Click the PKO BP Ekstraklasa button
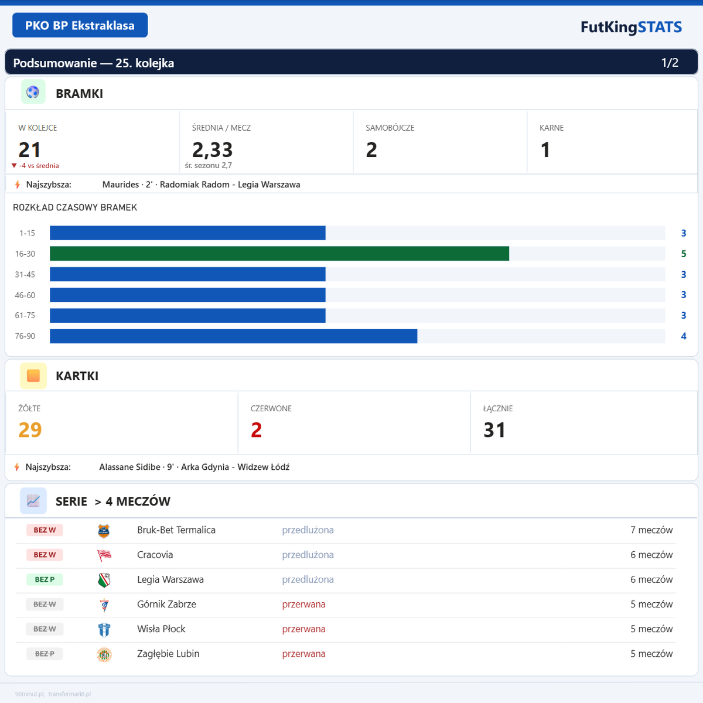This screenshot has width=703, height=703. pos(80,25)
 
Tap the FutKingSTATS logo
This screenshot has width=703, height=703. pos(631,27)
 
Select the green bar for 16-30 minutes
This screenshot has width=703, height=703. pos(279,254)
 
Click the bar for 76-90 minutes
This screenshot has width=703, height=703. pos(233,336)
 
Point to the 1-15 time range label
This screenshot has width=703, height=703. pos(27,233)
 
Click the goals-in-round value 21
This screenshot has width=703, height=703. pos(29,150)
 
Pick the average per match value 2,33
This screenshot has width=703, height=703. pos(212,150)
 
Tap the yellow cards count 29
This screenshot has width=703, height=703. pos(30,430)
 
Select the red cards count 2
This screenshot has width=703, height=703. pos(256,430)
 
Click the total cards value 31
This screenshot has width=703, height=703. pos(494,430)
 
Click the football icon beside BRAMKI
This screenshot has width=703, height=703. pos(33,92)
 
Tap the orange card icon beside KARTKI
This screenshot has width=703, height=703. pos(33,376)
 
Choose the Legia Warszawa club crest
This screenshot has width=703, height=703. pos(104,580)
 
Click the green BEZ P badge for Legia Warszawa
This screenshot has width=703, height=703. pos(45,579)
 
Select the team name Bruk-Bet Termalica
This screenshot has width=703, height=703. pos(176,530)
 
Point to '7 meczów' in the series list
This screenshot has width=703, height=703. pos(651,530)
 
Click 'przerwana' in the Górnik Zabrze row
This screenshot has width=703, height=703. pos(303,605)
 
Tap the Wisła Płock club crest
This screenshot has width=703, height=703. pos(104,629)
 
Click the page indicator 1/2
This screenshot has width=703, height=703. pos(670,63)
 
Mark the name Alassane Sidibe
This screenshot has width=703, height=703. pos(129,467)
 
